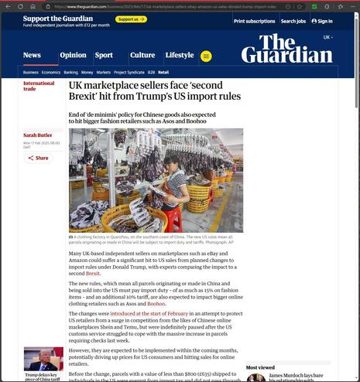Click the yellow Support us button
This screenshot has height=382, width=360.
[131, 19]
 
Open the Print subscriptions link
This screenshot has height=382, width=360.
[254, 22]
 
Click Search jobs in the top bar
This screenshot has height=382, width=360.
[293, 22]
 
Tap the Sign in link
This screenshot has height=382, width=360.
[322, 22]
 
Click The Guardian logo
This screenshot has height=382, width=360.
[286, 49]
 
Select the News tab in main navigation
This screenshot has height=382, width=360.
[32, 56]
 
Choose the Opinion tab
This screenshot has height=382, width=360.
[73, 56]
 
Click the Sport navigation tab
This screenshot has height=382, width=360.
[104, 56]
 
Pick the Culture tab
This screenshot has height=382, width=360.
[142, 56]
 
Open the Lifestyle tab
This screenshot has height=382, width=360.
[180, 56]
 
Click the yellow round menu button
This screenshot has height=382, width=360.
[206, 56]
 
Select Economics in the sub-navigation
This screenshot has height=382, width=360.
[51, 72]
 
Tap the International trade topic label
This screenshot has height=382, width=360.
[39, 86]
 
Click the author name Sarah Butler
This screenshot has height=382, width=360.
[37, 135]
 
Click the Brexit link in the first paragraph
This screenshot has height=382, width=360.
[93, 274]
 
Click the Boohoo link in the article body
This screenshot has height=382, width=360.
[156, 304]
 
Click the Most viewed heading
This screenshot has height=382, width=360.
[260, 367]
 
